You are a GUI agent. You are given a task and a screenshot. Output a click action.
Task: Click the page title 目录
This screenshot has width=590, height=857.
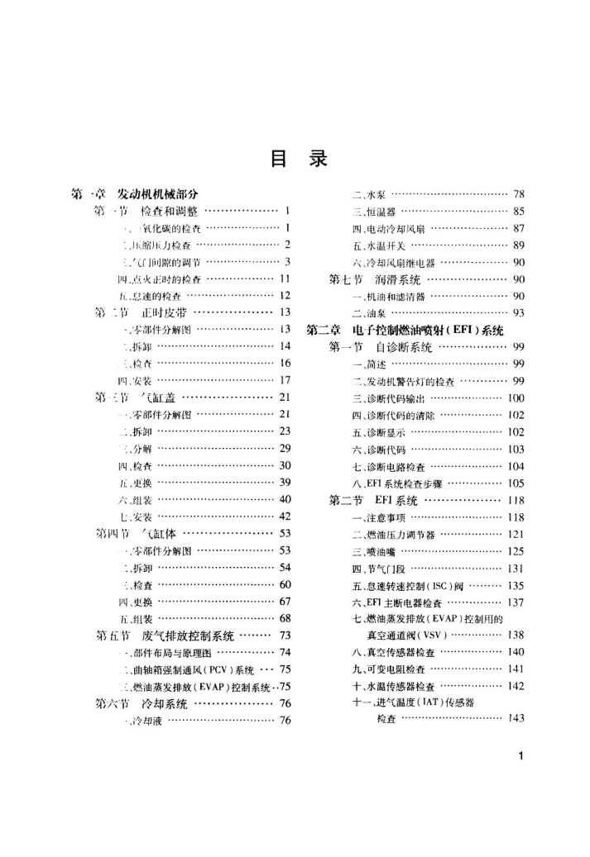click(x=295, y=157)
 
